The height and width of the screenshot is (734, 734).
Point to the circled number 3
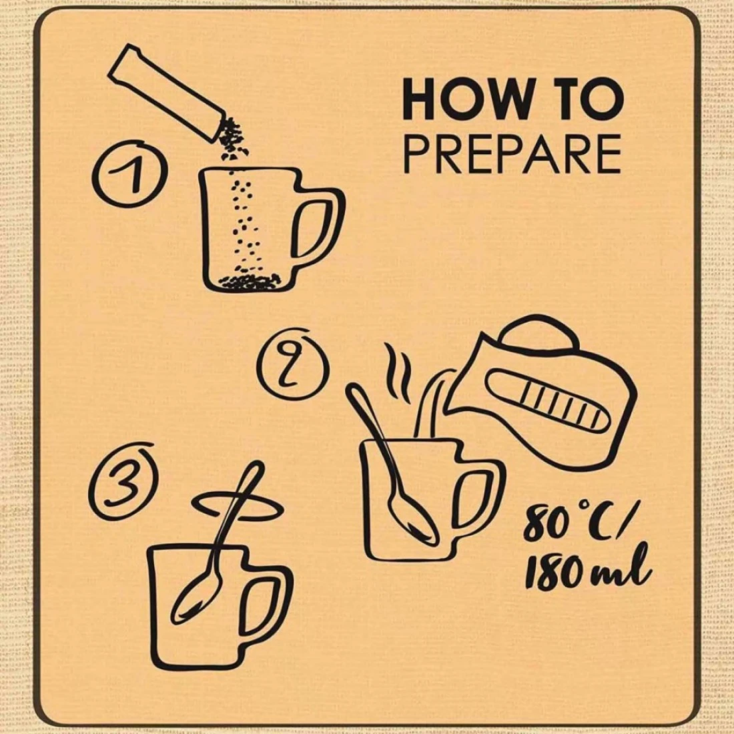pyautogui.click(x=123, y=480)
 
